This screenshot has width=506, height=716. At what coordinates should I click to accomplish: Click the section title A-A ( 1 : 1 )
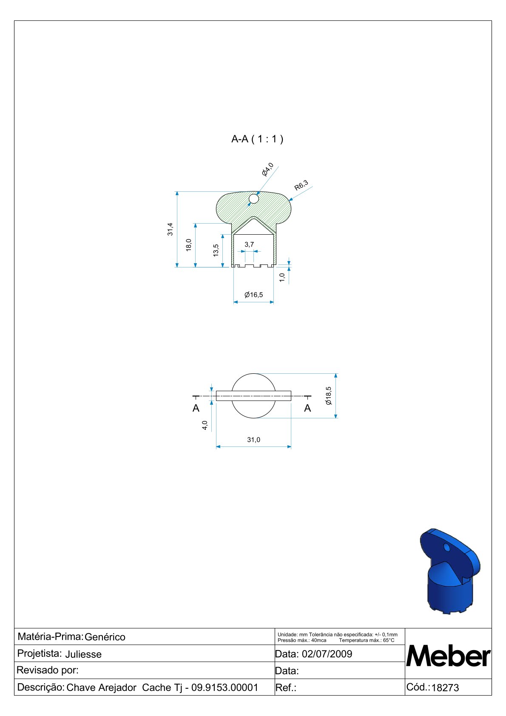pos(257,139)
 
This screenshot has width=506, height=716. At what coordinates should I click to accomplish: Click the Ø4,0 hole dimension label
pos(267,169)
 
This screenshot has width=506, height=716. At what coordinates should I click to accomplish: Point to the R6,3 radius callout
pos(301,185)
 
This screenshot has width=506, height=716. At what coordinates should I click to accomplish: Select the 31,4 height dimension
pos(170,229)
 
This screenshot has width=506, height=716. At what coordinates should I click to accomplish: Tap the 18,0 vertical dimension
pos(189,245)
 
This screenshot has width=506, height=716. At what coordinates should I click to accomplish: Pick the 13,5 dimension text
pos(216,250)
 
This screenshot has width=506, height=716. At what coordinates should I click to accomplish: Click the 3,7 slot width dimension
pos(249,244)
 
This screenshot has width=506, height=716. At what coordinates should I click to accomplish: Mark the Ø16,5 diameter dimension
pos(253,295)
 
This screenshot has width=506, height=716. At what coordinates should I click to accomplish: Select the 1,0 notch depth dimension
pos(282,277)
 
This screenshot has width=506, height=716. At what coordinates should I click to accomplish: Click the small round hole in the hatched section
pos(253,199)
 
